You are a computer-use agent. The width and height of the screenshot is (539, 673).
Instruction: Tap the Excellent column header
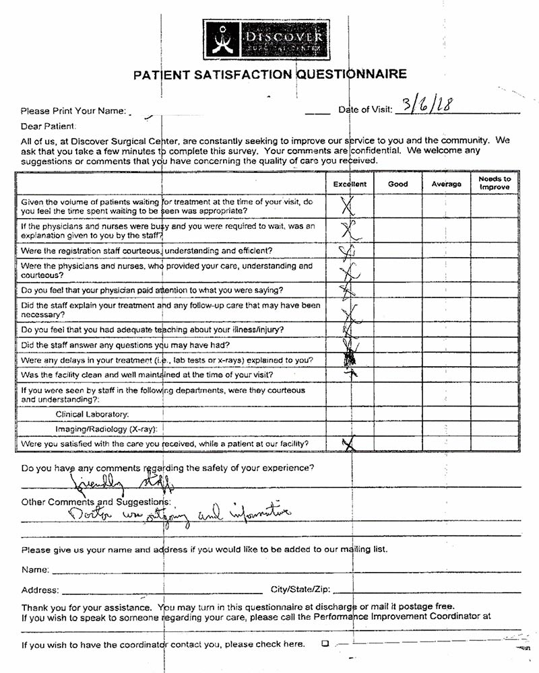[x=350, y=184]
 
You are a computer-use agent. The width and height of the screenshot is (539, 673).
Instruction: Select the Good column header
[x=398, y=184]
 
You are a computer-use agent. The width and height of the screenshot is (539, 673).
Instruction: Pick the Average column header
[x=446, y=184]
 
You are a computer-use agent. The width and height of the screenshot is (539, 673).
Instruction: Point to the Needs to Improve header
[x=495, y=183]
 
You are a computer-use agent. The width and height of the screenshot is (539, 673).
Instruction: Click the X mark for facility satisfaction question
[x=348, y=443]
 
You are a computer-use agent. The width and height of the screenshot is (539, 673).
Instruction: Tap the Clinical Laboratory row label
[x=92, y=414]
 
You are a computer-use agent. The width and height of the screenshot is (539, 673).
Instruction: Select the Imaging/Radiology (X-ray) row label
[x=108, y=429]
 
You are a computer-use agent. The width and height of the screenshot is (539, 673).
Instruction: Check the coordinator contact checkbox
[x=325, y=643]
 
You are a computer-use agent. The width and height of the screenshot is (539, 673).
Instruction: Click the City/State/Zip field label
[x=300, y=590]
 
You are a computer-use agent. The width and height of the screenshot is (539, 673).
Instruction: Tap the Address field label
[x=40, y=590]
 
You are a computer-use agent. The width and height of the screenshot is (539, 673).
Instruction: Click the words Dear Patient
[x=49, y=126]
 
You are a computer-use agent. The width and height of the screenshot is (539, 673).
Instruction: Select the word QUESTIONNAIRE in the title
[x=352, y=73]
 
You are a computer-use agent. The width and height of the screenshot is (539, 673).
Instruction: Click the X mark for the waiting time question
[x=348, y=205]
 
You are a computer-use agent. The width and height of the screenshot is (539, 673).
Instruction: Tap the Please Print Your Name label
[x=73, y=111]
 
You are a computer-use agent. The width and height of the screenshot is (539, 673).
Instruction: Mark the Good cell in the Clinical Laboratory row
[x=398, y=414]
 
